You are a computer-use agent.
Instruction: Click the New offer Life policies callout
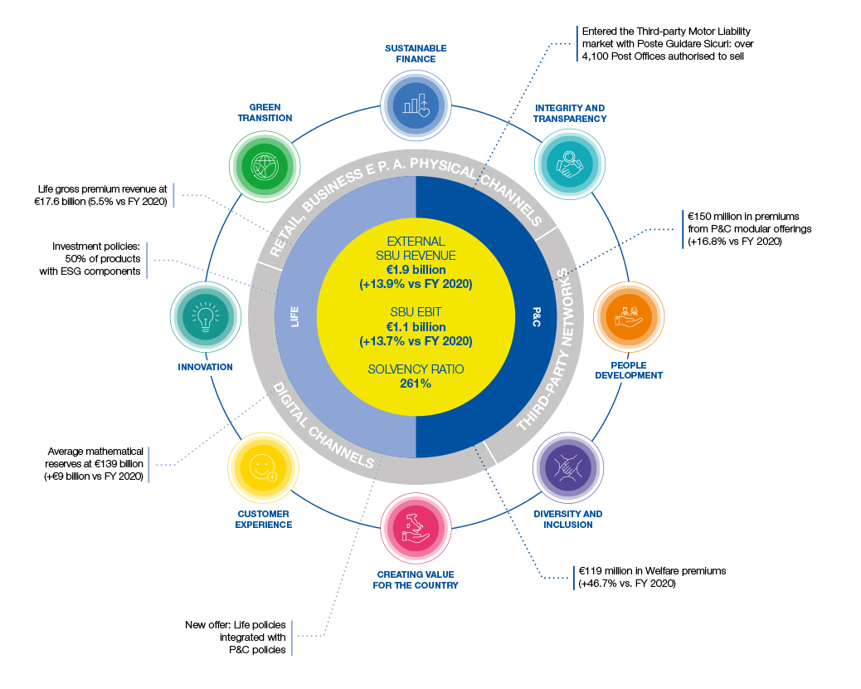tap(241, 637)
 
